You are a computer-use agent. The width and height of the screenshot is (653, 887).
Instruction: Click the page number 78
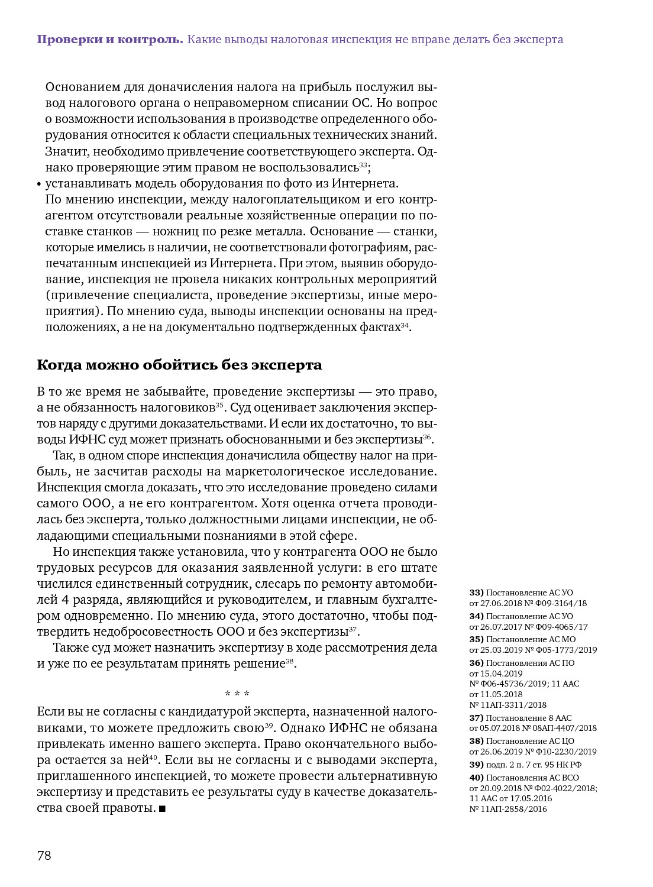coord(44,855)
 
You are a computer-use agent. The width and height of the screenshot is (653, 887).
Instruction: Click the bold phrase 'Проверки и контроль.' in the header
coord(110,40)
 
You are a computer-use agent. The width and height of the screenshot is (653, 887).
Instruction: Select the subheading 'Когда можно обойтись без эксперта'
coord(179,365)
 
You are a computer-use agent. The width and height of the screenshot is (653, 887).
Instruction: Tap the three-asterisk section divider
coord(237,693)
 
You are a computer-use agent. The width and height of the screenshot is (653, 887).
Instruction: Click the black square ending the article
coord(163,808)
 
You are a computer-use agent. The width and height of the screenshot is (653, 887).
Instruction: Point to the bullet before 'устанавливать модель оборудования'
coord(39,184)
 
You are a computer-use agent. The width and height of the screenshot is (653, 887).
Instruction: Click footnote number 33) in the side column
coord(476,593)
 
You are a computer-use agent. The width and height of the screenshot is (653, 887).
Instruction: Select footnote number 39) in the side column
coord(476,765)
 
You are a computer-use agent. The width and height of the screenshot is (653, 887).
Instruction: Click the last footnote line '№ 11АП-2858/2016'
coord(508,809)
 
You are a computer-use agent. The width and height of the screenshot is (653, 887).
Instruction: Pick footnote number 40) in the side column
coord(476,778)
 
